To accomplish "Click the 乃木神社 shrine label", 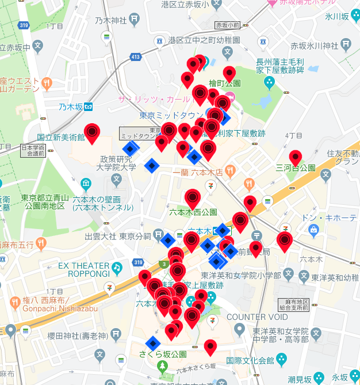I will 111,20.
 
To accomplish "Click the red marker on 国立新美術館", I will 92,133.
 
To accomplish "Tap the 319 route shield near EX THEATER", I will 137,262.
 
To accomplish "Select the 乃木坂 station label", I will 71,106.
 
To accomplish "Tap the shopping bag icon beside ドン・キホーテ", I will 313,231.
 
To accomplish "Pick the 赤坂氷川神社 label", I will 315,46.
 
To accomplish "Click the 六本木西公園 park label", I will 193,212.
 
